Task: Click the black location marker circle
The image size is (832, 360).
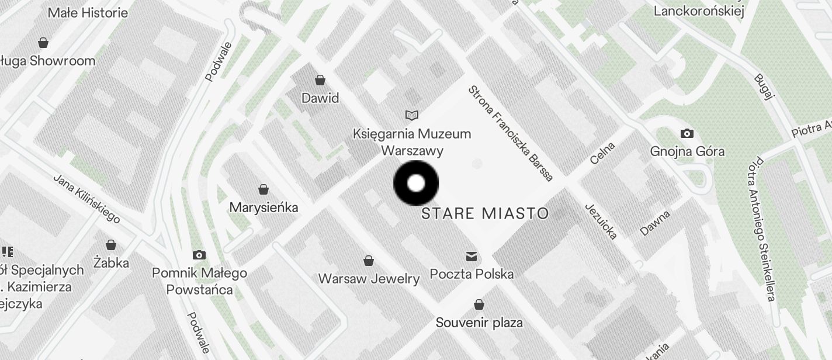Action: tap(416, 183)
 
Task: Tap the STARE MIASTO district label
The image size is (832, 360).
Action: tap(485, 213)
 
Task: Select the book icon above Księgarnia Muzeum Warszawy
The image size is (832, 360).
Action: tap(412, 115)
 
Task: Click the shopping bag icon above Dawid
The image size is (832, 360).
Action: tap(320, 79)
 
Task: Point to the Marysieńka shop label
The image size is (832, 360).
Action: tap(264, 207)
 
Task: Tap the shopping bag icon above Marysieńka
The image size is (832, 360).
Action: tap(264, 189)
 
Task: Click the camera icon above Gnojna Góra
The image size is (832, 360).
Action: tap(687, 133)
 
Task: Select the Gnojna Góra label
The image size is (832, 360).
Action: tap(687, 151)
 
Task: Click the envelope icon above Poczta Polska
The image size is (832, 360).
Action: tap(471, 256)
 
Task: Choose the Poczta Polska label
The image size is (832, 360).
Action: tap(472, 274)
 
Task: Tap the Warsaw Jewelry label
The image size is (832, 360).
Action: tap(369, 279)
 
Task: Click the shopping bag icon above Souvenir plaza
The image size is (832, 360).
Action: tap(479, 304)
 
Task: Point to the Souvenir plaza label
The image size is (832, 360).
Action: tap(479, 322)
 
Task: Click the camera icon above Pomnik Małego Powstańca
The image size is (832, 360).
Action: tap(199, 255)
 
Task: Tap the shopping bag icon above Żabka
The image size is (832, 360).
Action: tap(111, 245)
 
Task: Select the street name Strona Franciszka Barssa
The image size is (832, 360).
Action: tap(510, 133)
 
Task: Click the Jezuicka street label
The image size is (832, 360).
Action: tap(601, 222)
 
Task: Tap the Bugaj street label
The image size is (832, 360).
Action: tap(763, 87)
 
